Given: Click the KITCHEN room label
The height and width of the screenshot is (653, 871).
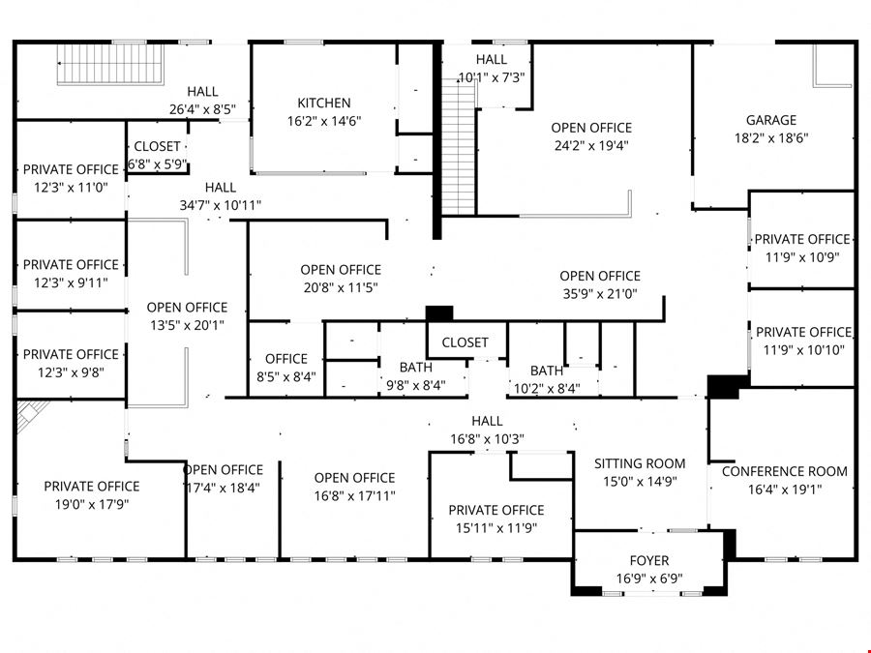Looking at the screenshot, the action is tap(324, 104).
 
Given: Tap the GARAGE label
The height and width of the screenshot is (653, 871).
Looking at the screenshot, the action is tap(771, 120).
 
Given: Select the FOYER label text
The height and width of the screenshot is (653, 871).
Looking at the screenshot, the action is tap(648, 561).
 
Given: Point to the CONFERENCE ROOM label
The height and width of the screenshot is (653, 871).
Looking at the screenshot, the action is tap(784, 471).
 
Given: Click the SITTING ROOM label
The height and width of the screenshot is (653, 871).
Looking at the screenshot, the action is tap(640, 463).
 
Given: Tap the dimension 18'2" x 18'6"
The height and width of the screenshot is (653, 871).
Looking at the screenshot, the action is tap(771, 137).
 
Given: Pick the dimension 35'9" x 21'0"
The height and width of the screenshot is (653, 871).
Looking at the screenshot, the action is tap(600, 294).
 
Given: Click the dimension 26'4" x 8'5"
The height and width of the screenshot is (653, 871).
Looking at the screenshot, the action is tap(202, 109).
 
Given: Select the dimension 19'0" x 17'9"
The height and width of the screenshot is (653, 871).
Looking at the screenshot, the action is tap(92, 504).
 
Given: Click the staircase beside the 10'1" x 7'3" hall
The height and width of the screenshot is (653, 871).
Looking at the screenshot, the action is tap(460, 147).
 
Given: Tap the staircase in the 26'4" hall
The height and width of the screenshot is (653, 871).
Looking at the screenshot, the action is tap(111, 65).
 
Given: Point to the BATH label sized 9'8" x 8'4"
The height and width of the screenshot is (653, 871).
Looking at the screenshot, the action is tap(415, 367).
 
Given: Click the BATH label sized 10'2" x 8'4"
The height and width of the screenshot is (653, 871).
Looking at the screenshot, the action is tap(547, 371).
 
